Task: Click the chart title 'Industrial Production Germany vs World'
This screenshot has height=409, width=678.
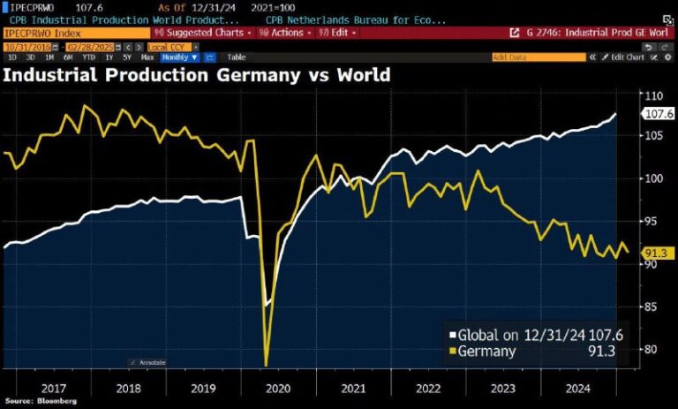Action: click(x=196, y=74)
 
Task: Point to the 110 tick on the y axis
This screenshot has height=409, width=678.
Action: click(x=654, y=96)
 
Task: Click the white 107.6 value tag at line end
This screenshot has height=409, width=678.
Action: click(x=658, y=113)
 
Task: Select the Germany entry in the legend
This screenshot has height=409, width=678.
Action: click(x=485, y=351)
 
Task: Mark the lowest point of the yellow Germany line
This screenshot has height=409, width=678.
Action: click(x=266, y=364)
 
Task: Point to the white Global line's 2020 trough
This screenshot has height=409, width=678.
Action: click(x=268, y=305)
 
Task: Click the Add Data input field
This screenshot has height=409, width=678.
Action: click(x=538, y=57)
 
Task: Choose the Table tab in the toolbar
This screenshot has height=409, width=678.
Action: click(x=236, y=57)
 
